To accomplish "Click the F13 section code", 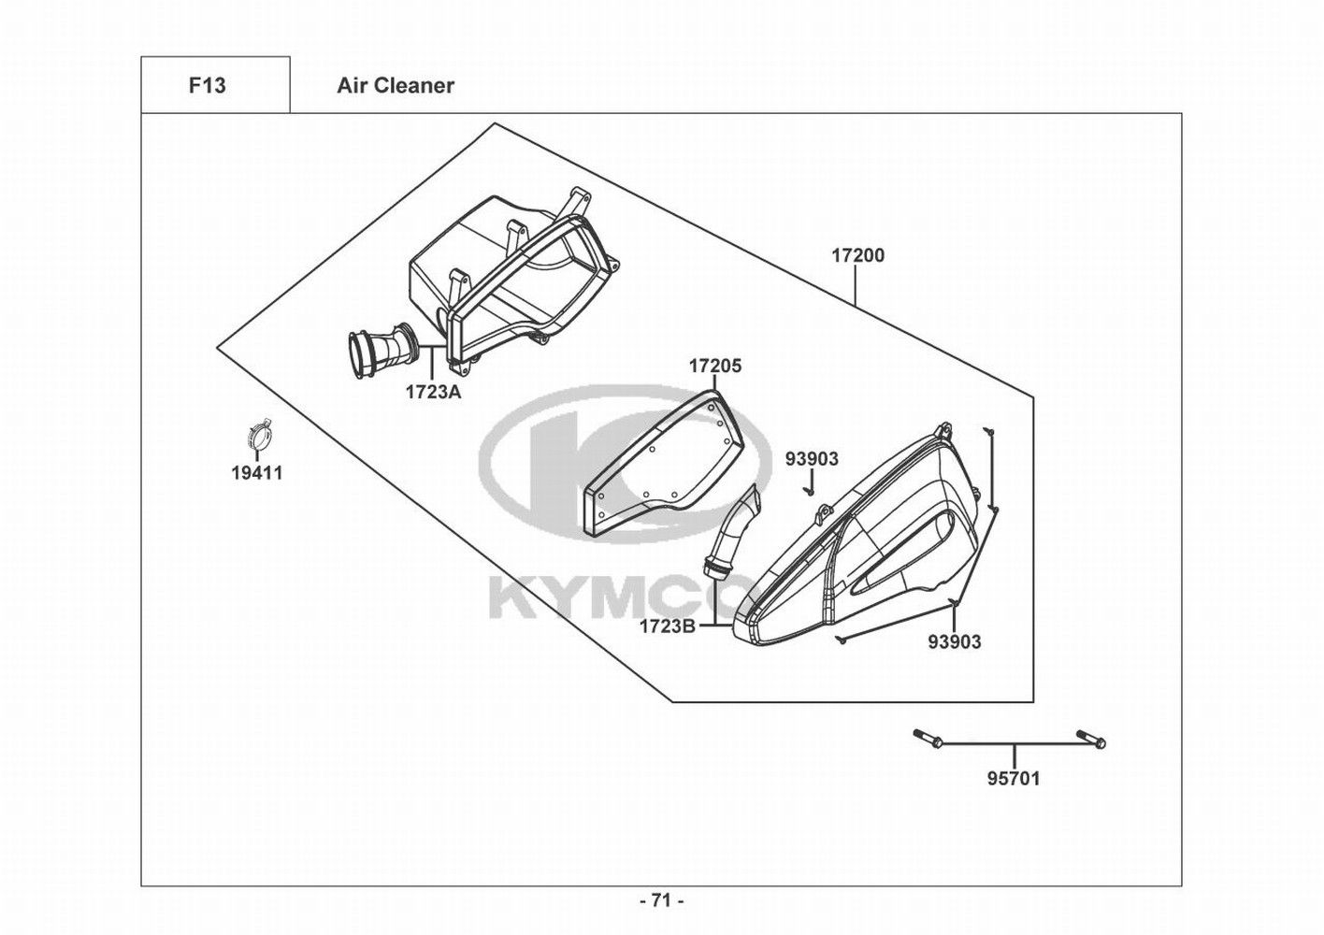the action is pos(207,86).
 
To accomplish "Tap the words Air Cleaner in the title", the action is pos(396,86).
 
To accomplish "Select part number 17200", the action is pos(858,256).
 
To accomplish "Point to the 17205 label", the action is pos(714,367).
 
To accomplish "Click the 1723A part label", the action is pos(433,392).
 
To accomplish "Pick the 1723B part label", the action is pos(668,626).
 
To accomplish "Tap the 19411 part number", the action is pos(257,473).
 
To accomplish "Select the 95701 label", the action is pos(1013,779).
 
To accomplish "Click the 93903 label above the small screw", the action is pos(812,459).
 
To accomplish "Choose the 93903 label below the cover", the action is pos(954,641).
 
